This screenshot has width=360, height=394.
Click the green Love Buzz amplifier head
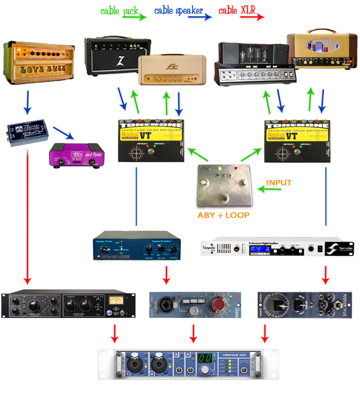(39, 62)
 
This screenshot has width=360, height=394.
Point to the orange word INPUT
(280, 183)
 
